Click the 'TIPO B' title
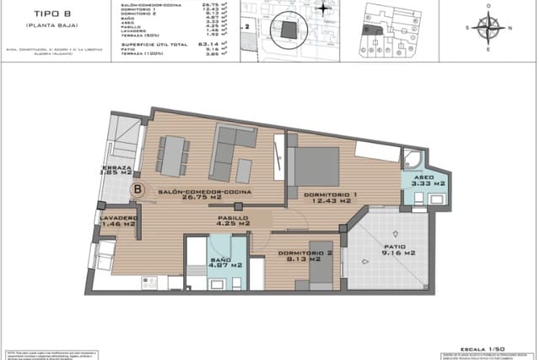41,14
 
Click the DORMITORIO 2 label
301,256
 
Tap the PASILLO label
232,221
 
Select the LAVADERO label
117,221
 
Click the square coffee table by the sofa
243,169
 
